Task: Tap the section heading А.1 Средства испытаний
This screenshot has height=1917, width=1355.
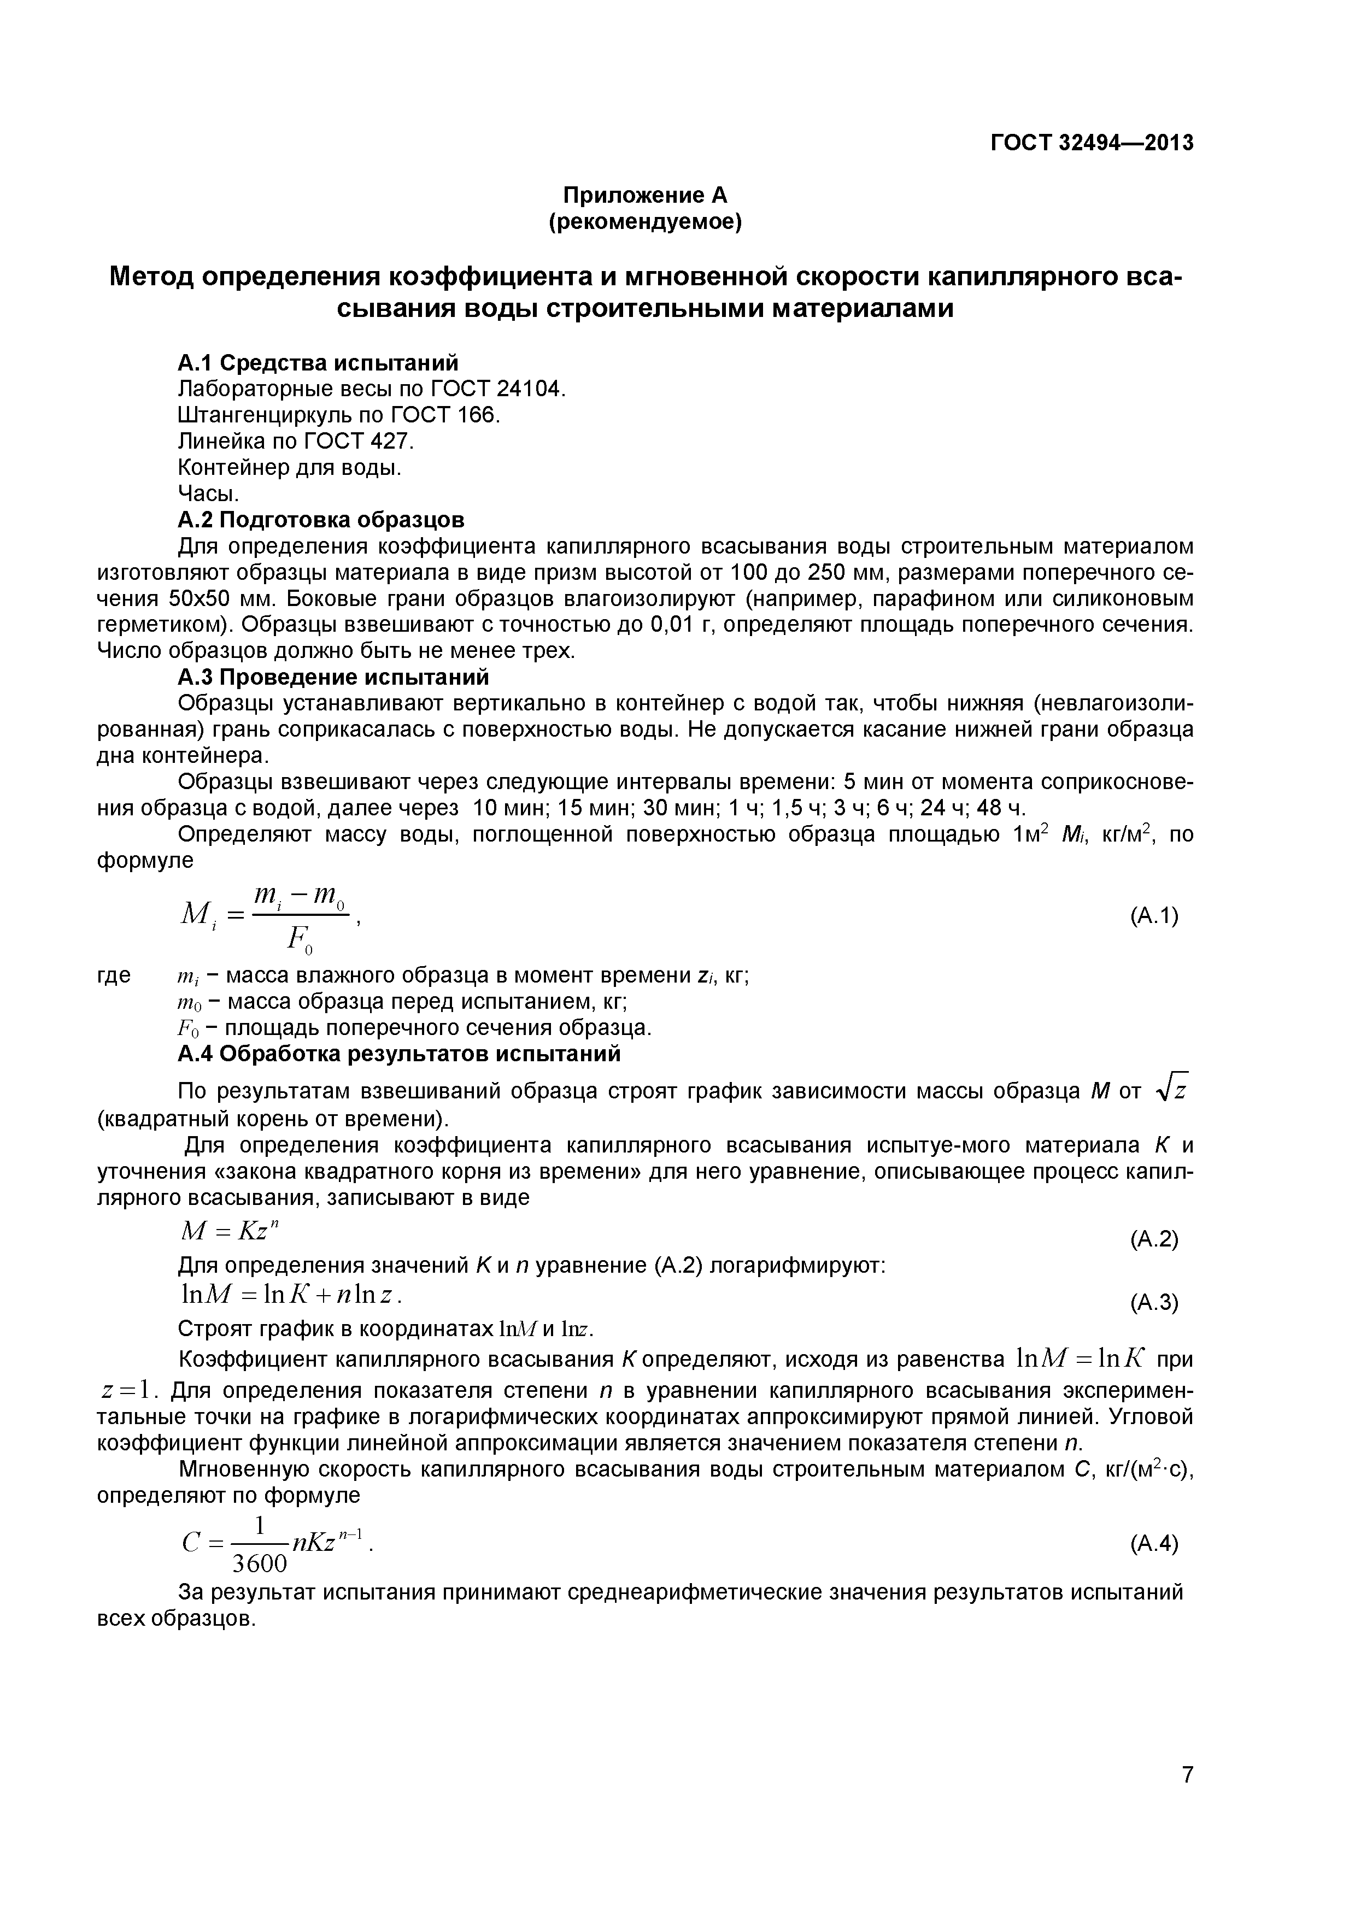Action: point(318,362)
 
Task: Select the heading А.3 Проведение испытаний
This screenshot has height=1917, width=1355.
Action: point(333,677)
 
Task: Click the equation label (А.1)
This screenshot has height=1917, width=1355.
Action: point(1153,916)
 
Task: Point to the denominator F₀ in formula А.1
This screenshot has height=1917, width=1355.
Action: point(299,941)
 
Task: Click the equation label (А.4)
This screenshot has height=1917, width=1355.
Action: point(1153,1544)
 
